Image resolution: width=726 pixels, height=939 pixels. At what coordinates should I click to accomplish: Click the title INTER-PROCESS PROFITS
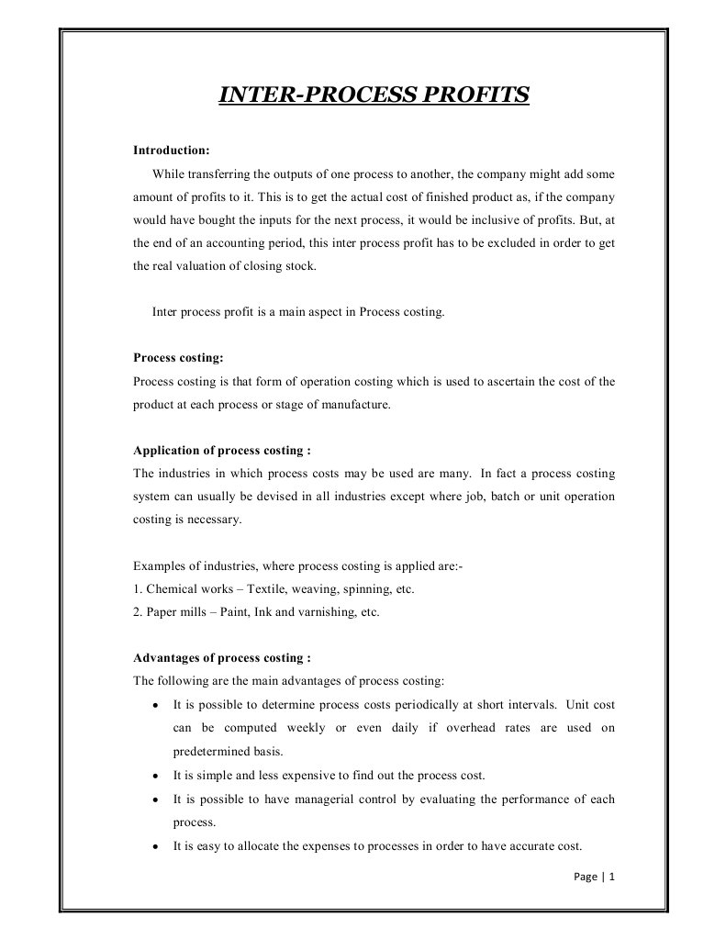pyautogui.click(x=374, y=95)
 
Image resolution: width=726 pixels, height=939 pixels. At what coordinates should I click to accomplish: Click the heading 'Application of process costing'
pyautogui.click(x=221, y=451)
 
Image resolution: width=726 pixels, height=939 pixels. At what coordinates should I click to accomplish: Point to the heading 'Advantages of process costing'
pyautogui.click(x=221, y=658)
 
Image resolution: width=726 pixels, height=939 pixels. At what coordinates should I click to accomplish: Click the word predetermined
pyautogui.click(x=211, y=751)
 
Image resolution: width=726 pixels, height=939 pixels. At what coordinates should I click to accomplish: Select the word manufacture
pyautogui.click(x=357, y=404)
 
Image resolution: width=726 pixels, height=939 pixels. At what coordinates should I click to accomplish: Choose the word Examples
pyautogui.click(x=158, y=566)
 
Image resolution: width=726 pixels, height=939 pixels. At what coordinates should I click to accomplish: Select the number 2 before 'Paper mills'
pyautogui.click(x=137, y=612)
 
